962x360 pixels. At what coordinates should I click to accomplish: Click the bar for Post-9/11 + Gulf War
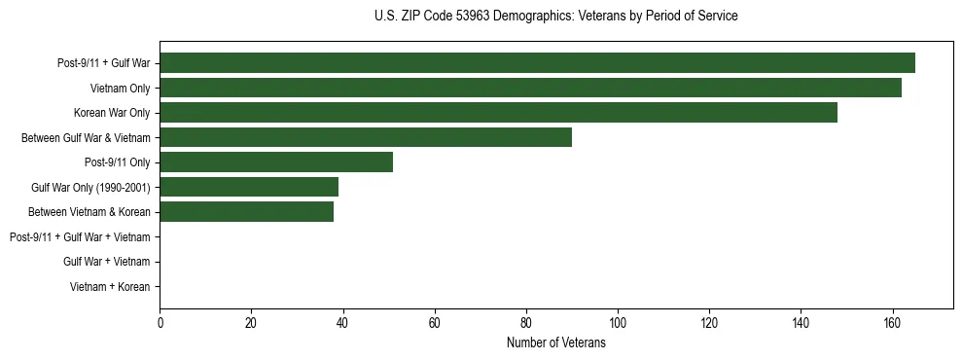[x=537, y=63]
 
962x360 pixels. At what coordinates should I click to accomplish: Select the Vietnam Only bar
[x=530, y=88]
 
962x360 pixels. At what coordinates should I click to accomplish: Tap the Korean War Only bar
[x=498, y=112]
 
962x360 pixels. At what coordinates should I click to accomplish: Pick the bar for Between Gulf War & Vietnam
[x=366, y=137]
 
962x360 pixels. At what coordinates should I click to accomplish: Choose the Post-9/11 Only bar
[x=276, y=162]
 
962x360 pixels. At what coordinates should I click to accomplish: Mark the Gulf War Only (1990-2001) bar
[x=249, y=187]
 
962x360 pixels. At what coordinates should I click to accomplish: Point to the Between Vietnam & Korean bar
[x=246, y=211]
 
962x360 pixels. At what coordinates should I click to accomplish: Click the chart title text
[x=555, y=17]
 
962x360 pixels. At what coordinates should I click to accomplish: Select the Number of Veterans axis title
[x=555, y=343]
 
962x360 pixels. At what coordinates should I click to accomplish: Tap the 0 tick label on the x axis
[x=160, y=324]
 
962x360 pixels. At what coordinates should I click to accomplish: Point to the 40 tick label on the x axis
[x=343, y=324]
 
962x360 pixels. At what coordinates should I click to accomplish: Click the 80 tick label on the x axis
[x=526, y=324]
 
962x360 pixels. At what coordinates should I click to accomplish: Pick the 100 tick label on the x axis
[x=618, y=324]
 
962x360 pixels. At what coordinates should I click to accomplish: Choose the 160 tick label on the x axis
[x=892, y=324]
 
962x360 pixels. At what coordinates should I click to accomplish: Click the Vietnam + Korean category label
[x=110, y=286]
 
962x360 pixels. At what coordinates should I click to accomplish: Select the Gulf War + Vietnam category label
[x=106, y=261]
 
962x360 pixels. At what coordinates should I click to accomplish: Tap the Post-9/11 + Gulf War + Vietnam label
[x=80, y=236]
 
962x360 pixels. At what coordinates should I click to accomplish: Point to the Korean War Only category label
[x=112, y=113]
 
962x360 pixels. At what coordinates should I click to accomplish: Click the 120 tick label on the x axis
[x=709, y=324]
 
